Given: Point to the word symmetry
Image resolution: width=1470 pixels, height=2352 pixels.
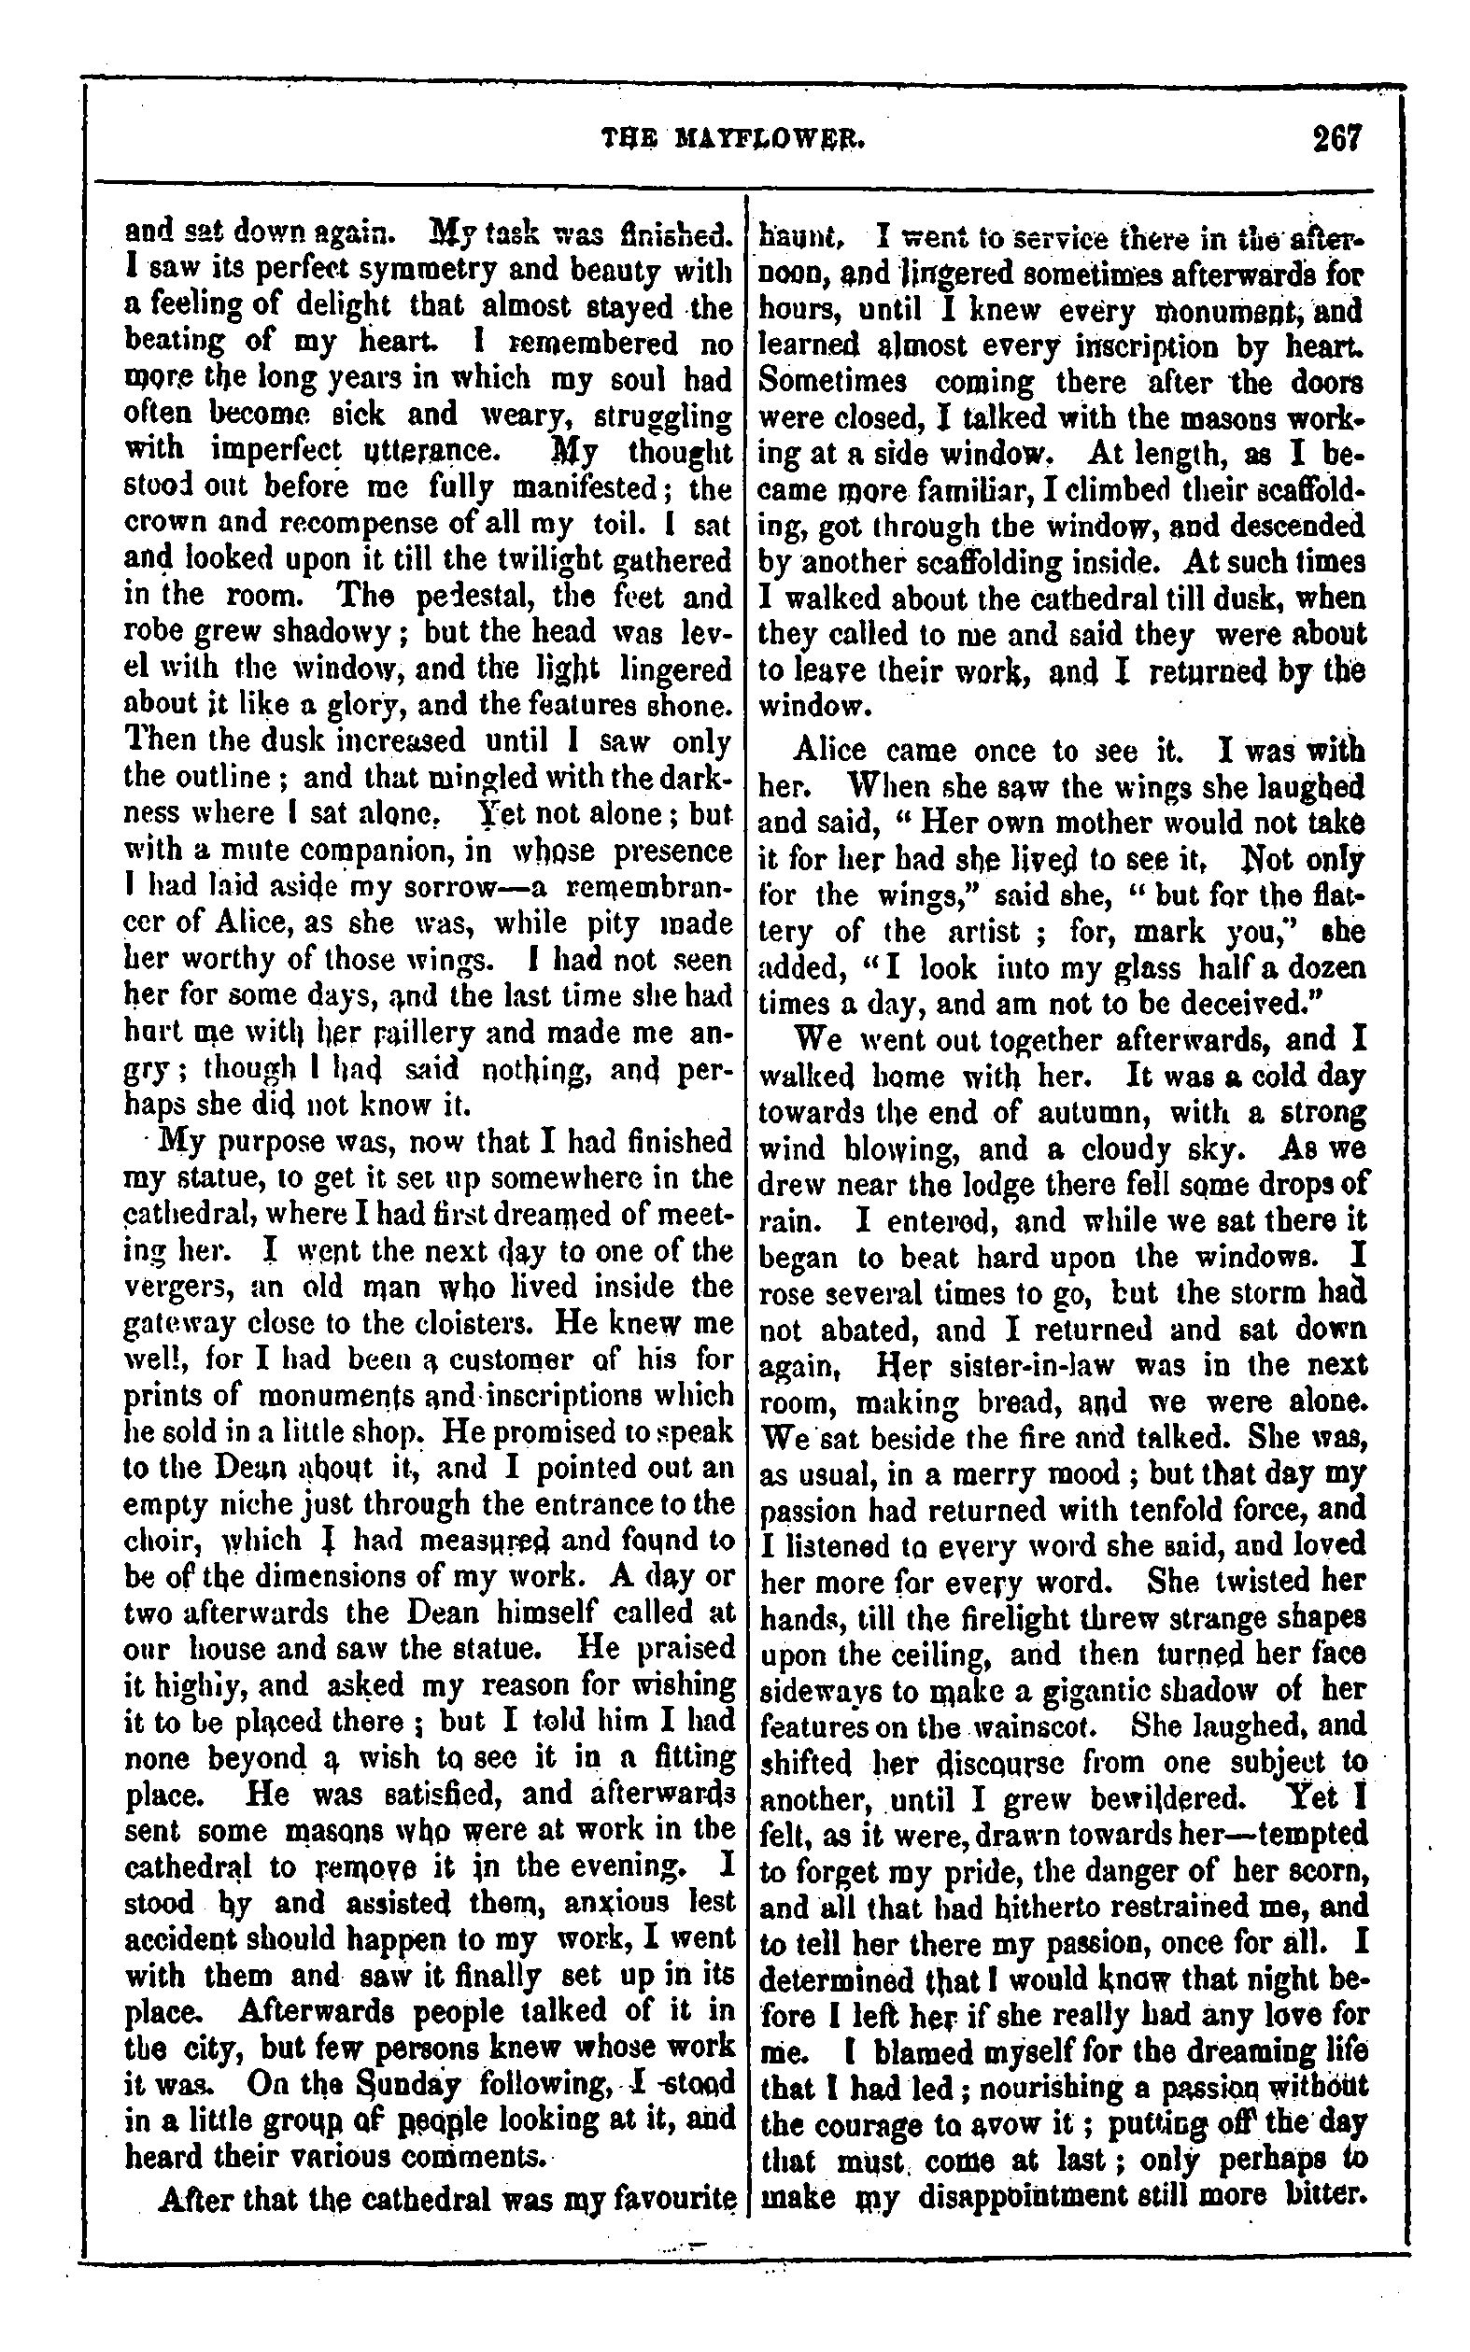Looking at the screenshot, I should [429, 271].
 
